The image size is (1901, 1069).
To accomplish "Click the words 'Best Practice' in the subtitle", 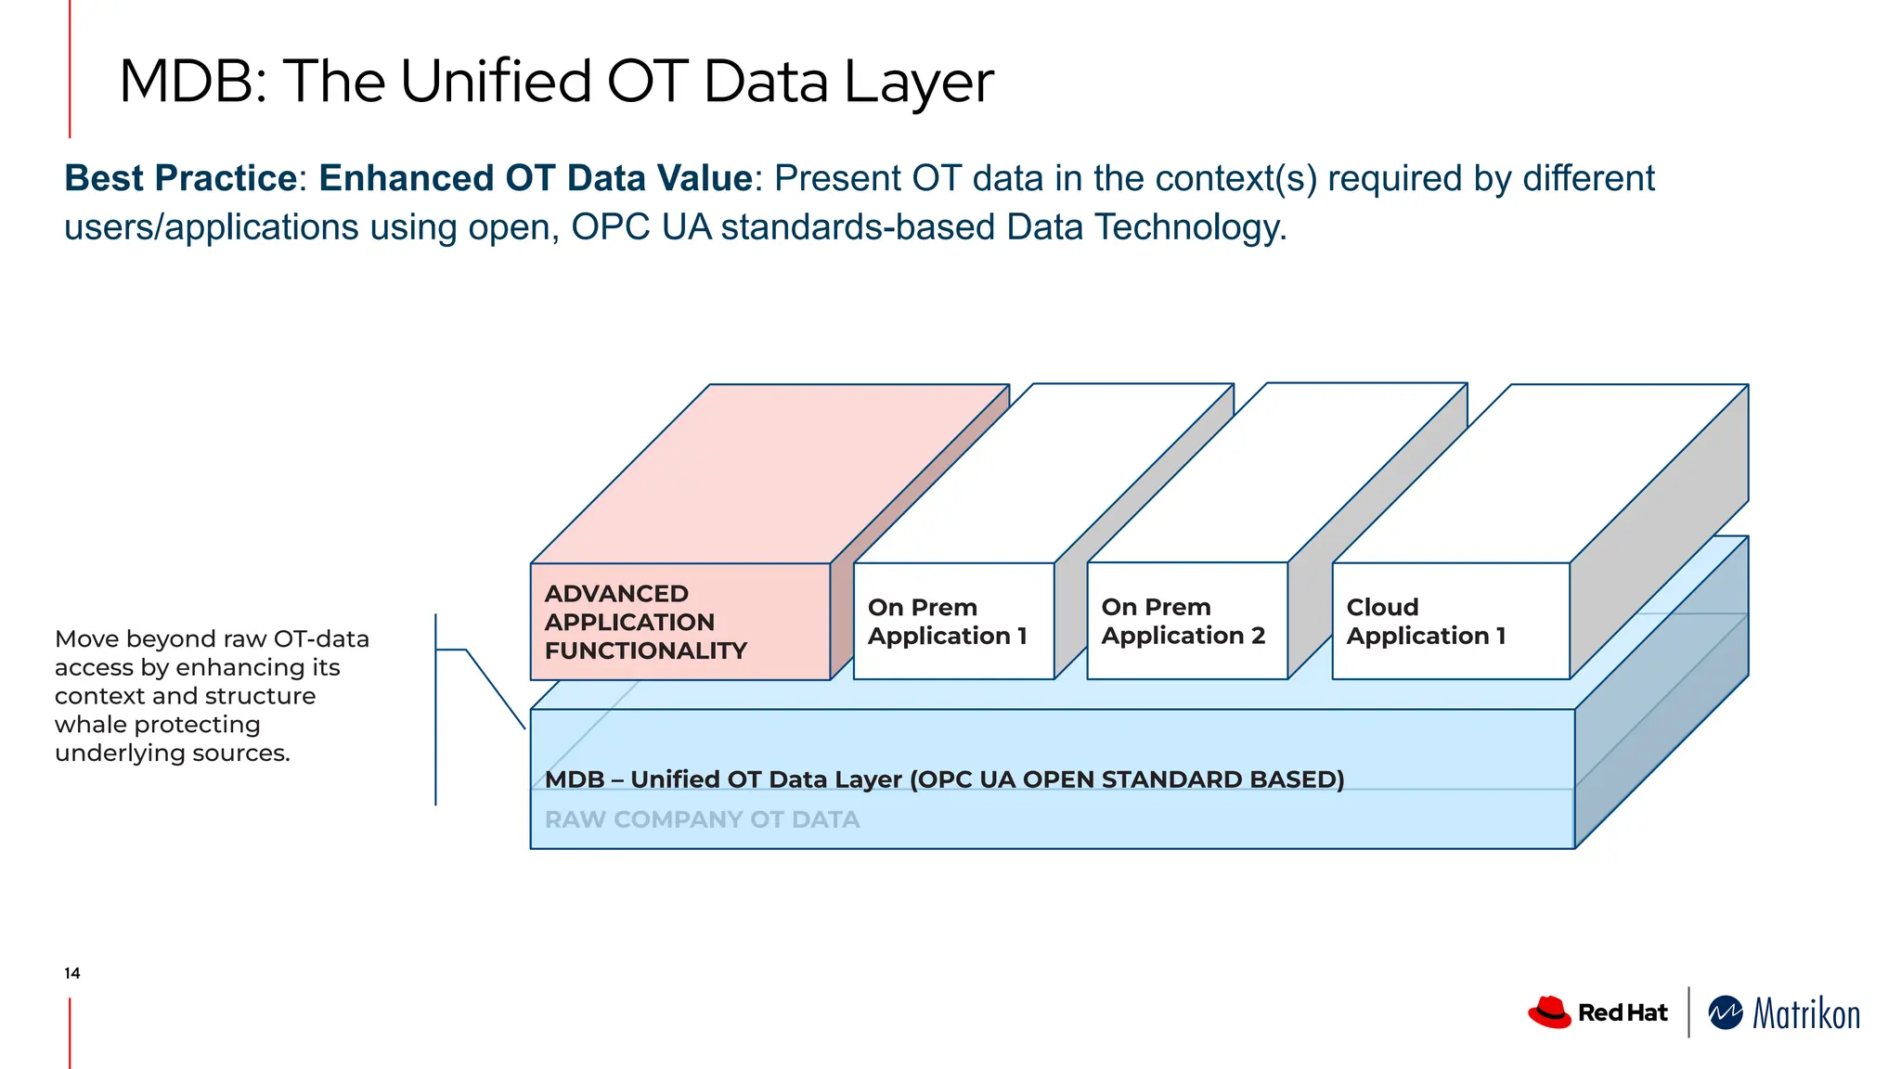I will click(x=180, y=178).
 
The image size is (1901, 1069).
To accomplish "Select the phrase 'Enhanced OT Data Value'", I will click(x=535, y=178).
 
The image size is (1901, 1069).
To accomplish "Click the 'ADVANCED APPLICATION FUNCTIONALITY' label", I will click(x=645, y=622).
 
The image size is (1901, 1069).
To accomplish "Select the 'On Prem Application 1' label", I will click(x=947, y=622).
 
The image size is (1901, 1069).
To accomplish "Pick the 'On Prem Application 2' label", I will click(x=1183, y=622).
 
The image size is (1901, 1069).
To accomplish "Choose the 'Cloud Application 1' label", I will click(x=1425, y=622).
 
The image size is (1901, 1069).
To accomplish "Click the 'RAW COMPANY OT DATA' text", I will click(x=702, y=820).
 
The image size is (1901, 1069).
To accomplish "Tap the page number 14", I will click(x=72, y=973).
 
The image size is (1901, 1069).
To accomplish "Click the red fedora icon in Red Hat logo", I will click(x=1548, y=1012).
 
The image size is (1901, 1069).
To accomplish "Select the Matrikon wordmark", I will click(x=1805, y=1014).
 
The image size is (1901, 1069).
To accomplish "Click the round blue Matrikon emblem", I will click(x=1726, y=1013).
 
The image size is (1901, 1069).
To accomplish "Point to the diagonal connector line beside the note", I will click(x=496, y=689).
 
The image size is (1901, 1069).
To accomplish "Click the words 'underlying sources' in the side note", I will click(x=172, y=753).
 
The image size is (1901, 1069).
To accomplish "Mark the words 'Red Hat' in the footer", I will click(x=1623, y=1013).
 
